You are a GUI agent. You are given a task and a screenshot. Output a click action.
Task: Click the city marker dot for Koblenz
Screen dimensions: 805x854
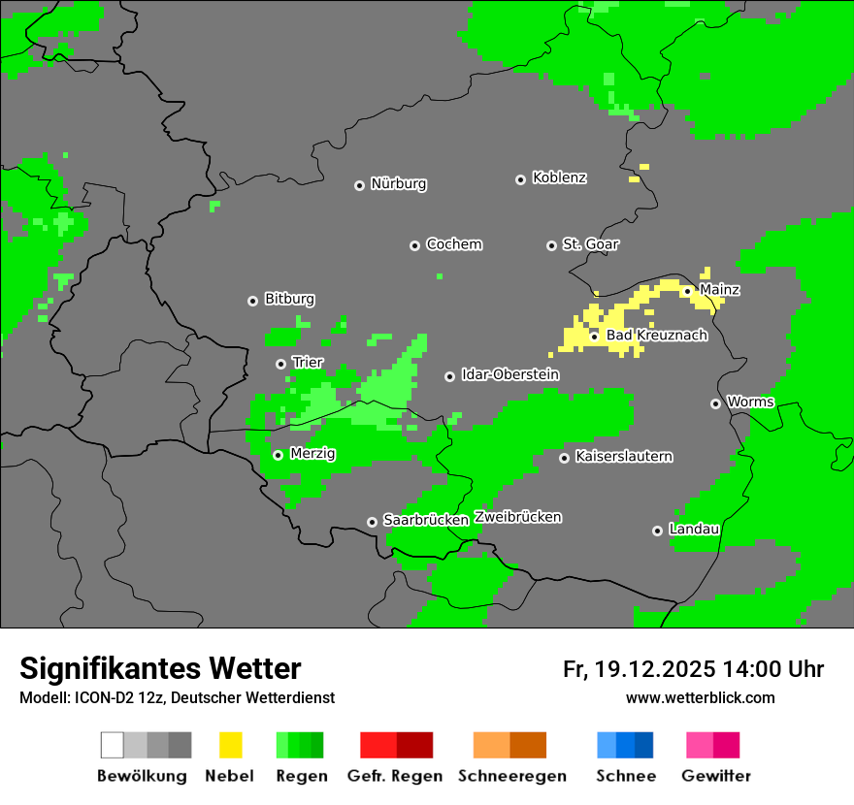tap(520, 179)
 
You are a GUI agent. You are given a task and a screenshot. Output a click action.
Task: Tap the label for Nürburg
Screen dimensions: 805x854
tap(399, 184)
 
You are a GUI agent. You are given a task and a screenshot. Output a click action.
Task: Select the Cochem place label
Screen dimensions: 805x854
tap(454, 244)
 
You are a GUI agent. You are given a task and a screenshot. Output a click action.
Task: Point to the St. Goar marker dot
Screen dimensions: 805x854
tap(551, 245)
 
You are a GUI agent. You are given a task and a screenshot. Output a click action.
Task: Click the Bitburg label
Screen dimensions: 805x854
tap(289, 300)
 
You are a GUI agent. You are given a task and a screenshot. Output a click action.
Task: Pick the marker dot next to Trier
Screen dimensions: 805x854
tap(281, 364)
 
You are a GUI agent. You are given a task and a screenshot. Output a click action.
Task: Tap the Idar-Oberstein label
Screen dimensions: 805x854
tap(510, 374)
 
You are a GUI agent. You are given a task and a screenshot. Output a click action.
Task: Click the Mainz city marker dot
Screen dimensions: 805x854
tap(687, 291)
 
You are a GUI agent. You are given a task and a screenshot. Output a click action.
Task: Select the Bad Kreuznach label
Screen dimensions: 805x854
tap(656, 336)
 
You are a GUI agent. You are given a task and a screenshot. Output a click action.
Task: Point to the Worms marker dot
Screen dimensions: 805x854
tap(715, 403)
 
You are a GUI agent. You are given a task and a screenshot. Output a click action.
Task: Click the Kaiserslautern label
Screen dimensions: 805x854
tap(624, 456)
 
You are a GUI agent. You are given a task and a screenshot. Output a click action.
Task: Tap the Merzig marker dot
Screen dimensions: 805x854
tap(278, 455)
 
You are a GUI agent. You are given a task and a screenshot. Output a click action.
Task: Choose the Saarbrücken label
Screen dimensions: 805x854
tap(426, 520)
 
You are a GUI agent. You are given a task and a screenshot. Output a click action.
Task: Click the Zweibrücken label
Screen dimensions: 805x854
tap(518, 517)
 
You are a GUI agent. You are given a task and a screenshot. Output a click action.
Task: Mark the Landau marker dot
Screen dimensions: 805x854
tap(657, 531)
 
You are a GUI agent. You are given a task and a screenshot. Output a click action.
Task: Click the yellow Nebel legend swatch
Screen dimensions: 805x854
tap(230, 745)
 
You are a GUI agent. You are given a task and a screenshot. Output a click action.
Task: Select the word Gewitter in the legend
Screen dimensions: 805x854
tap(716, 776)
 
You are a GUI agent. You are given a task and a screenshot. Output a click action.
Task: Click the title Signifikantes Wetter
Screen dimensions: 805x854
tap(160, 668)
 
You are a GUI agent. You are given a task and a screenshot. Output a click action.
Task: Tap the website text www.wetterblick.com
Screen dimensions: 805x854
tap(700, 698)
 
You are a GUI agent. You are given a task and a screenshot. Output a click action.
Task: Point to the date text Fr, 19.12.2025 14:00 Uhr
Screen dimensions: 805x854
tap(693, 669)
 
